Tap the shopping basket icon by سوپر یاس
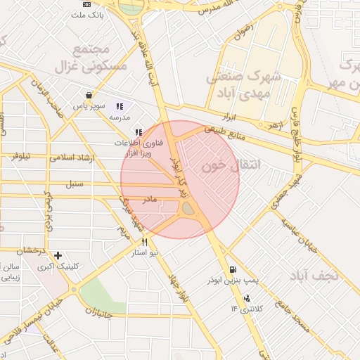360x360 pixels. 89,95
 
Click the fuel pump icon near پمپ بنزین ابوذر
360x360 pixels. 232,269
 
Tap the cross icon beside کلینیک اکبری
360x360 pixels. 58,255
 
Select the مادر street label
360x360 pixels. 150,200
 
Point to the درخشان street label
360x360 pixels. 31,250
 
